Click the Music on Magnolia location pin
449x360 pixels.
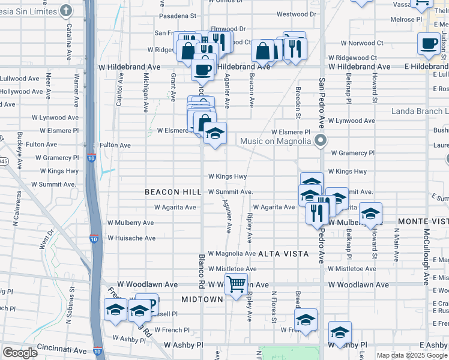321,142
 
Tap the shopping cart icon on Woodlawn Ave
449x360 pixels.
237,284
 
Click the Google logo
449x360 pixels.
20,353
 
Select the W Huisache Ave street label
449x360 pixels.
131,238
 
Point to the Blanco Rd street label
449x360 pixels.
202,270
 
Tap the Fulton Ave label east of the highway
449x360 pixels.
115,145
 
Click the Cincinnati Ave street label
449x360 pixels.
62,347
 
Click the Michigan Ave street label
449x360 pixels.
146,93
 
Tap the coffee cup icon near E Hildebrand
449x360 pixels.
429,43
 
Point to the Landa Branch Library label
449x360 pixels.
420,112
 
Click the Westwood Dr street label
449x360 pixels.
297,14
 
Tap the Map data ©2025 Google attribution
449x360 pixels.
412,355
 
